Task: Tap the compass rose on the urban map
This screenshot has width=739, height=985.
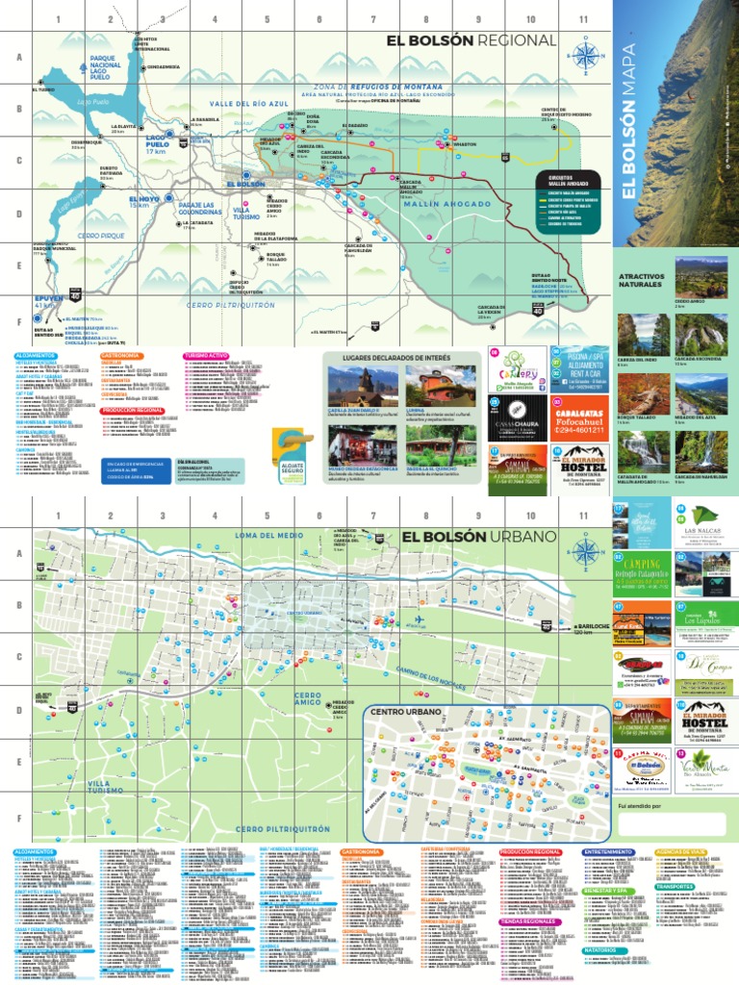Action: click(583, 551)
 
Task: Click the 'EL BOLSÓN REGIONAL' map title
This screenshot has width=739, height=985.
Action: click(471, 40)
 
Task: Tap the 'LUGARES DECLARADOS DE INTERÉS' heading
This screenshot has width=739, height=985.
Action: click(402, 357)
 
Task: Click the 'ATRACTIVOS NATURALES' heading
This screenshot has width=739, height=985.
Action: click(641, 281)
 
